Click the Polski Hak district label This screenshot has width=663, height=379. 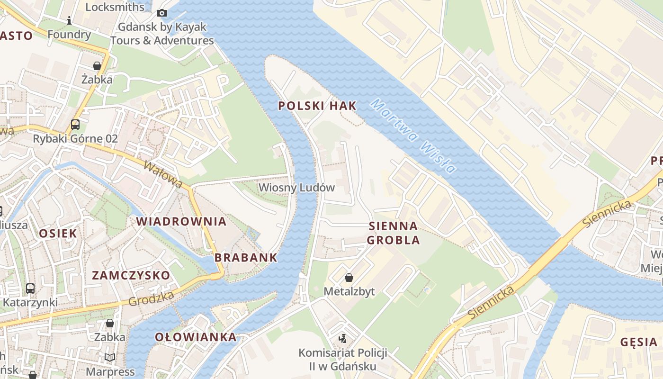coord(317,106)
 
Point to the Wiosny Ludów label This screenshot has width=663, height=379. coord(296,188)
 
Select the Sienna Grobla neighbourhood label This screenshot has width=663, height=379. coord(393,233)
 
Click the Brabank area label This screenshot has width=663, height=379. coord(246,258)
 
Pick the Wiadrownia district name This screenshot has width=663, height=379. coord(181,221)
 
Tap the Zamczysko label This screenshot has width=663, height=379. coord(131,275)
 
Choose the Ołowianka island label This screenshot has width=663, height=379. coord(196,337)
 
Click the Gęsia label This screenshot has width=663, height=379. coord(639,342)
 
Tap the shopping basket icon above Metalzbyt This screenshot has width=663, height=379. coord(349,278)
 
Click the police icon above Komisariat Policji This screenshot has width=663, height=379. coord(342,338)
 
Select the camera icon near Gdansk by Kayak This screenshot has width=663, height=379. coord(162,13)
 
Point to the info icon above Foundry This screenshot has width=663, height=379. coord(69,20)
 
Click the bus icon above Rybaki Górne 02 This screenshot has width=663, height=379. coord(75,125)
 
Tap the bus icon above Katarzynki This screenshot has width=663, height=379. coord(30,288)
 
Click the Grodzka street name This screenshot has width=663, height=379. coord(151,298)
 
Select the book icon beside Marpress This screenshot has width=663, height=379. coord(110,358)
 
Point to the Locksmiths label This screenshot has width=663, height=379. coord(115,7)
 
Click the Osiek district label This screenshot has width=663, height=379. coord(58,233)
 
